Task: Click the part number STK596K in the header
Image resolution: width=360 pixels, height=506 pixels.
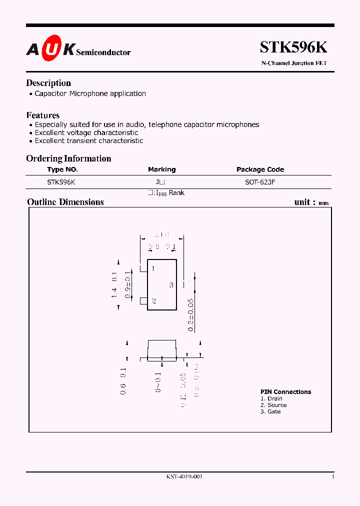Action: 293,47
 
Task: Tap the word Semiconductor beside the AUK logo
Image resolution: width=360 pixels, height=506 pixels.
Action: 103,52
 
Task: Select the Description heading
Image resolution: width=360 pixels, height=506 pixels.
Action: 48,83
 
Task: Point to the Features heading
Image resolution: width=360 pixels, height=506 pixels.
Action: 43,115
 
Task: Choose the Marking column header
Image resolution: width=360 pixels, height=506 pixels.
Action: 161,169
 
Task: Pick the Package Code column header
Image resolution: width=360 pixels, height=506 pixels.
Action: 260,169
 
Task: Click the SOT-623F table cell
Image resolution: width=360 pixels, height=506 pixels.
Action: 260,182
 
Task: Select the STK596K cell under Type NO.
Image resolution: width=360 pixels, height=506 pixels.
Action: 61,182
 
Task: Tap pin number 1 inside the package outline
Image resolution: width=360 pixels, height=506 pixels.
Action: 153,269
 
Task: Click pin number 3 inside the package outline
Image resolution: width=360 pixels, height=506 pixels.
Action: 171,285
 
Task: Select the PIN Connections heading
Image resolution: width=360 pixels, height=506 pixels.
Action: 285,392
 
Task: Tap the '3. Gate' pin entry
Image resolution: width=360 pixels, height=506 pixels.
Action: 270,411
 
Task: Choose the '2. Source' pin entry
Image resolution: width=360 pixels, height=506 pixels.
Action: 273,405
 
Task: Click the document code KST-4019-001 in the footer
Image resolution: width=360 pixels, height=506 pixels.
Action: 184,476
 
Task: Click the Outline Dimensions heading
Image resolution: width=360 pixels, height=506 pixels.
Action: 65,202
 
